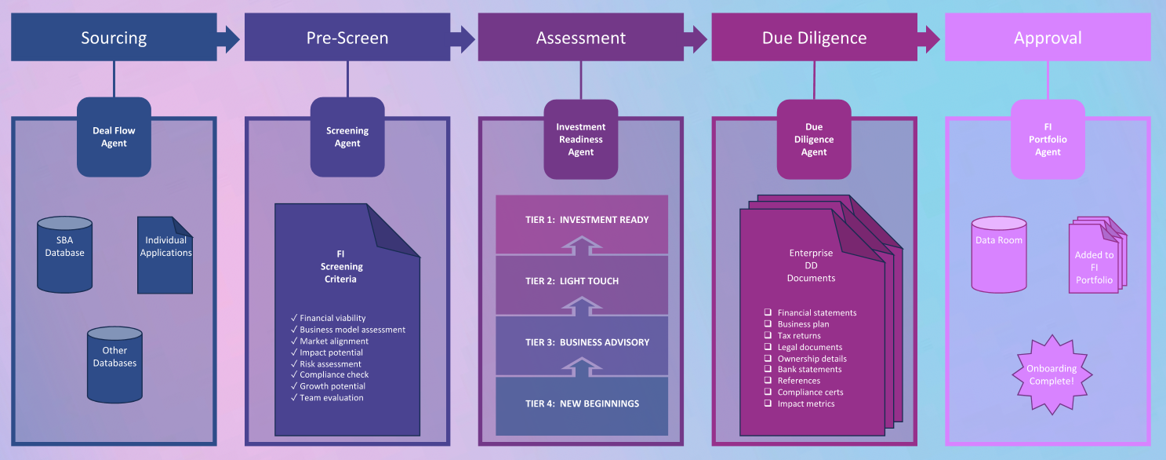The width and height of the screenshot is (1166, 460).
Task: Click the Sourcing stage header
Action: click(114, 38)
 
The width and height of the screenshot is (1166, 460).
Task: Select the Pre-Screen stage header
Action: click(347, 38)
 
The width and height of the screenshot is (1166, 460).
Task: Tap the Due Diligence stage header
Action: click(814, 38)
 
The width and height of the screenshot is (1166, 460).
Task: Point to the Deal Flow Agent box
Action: click(114, 137)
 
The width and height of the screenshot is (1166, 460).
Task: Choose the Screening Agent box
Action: click(347, 137)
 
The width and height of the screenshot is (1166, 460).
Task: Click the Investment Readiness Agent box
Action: click(581, 139)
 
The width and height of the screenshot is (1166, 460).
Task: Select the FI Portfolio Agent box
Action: click(1048, 139)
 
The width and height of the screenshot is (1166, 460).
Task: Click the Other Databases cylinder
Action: click(114, 356)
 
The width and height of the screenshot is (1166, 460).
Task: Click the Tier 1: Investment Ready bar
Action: click(582, 221)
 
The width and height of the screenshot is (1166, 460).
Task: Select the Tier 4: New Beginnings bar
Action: click(582, 404)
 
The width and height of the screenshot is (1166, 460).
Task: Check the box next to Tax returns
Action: click(768, 335)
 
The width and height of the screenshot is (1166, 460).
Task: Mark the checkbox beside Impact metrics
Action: click(768, 403)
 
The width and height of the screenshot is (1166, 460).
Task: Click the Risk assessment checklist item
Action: click(330, 364)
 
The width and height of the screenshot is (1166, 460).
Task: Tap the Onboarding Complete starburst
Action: click(1052, 374)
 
